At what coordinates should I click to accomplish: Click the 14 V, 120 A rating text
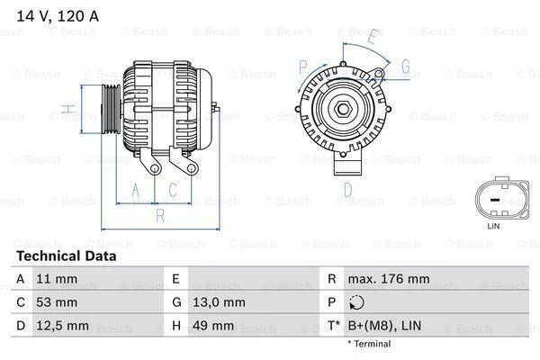click(58, 16)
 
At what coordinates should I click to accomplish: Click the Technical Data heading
click(67, 256)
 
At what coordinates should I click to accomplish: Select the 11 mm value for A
click(57, 279)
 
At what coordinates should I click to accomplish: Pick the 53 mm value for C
click(57, 302)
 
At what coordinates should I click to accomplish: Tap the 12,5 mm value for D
click(62, 326)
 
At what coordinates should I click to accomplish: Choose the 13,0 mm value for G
click(219, 302)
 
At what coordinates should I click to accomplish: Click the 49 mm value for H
click(212, 326)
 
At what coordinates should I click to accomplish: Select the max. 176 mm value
click(389, 279)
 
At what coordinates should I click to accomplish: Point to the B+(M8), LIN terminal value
click(384, 326)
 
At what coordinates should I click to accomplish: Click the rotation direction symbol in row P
click(356, 302)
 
